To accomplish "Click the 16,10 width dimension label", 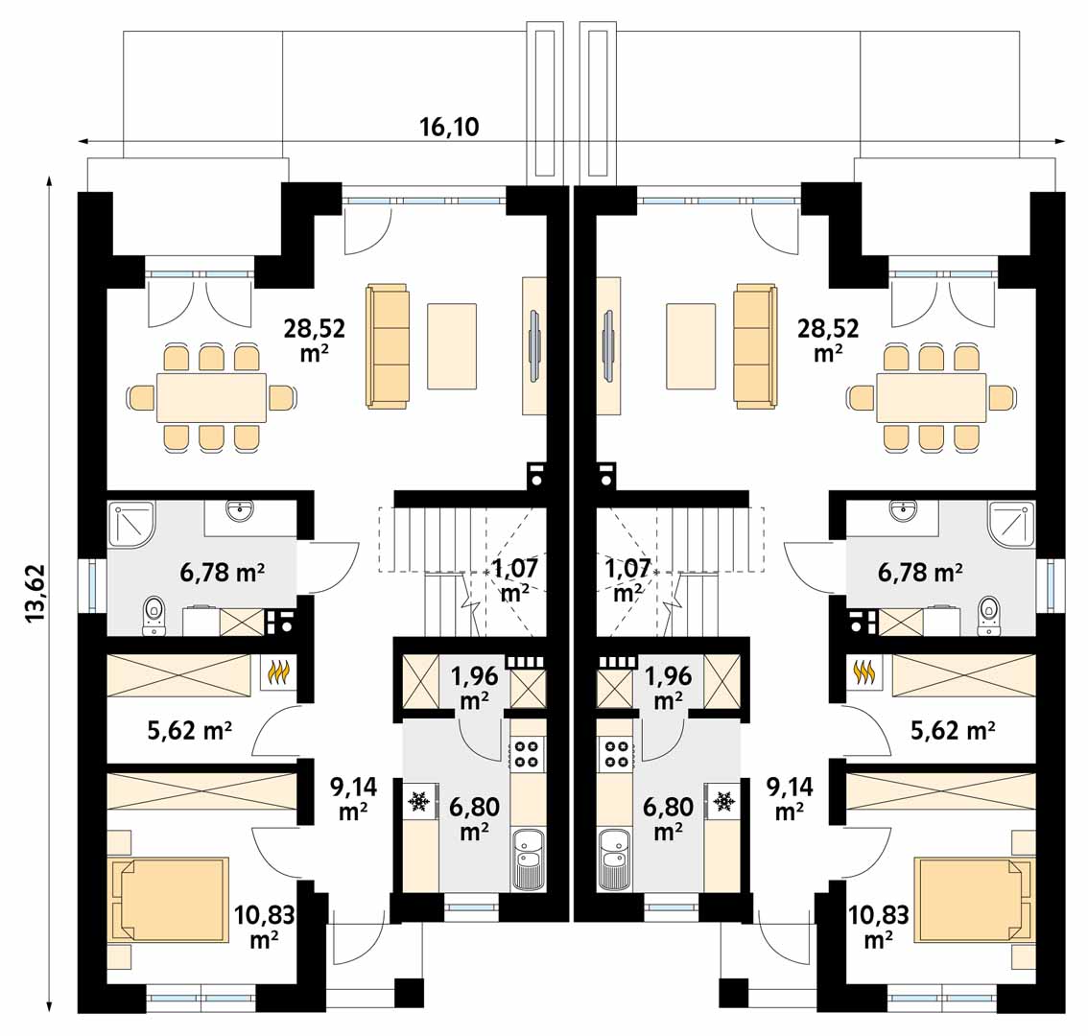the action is tap(449, 127).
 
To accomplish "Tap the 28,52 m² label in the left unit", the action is tap(315, 340).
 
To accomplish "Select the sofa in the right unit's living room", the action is tap(756, 345).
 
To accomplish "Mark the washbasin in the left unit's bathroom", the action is tap(240, 512).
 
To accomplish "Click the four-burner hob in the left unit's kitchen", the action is tap(528, 754).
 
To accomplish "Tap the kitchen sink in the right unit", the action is tap(613, 859).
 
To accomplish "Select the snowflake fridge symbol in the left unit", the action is tap(419, 801).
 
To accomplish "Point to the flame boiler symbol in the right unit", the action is tap(863, 671).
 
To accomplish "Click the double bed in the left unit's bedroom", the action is tap(169, 899).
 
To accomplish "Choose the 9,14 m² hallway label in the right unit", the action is tap(790, 799).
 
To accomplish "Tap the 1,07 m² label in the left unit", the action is tap(515, 580).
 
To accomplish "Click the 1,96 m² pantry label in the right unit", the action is tap(668, 688).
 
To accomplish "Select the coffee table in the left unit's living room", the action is tap(452, 345).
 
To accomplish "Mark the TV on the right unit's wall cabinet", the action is tap(608, 345).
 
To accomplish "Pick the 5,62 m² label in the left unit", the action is tap(189, 730).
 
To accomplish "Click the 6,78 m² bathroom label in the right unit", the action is tap(920, 573).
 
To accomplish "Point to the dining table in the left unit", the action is tap(212, 397).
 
